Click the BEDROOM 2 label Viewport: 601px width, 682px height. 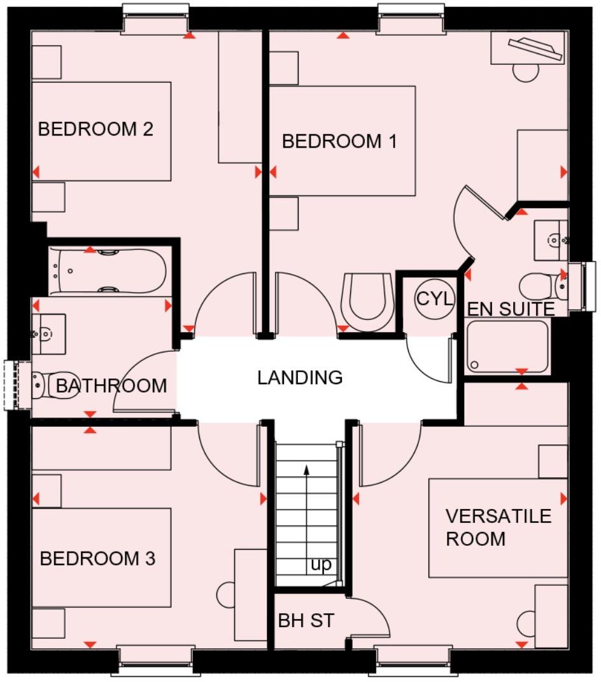95,130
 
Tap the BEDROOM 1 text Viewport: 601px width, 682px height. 339,141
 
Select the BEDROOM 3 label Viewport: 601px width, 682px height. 97,559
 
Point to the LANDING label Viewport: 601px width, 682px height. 300,378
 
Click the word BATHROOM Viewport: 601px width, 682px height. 111,386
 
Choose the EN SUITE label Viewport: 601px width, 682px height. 511,310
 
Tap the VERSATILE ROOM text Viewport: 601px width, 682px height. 498,527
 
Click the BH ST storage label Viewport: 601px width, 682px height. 306,621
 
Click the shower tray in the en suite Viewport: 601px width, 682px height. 507,346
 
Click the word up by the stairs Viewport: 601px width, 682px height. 322,565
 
